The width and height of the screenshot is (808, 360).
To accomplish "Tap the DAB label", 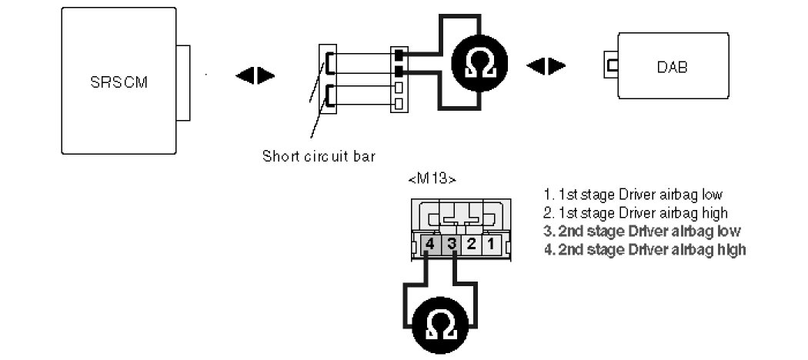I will (x=672, y=67).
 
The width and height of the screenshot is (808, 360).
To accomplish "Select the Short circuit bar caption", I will (x=319, y=156).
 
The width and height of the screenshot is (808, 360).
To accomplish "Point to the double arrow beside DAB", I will (x=546, y=65).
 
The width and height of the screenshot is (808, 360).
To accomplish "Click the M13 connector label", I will (x=432, y=180).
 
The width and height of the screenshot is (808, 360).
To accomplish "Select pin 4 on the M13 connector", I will (x=430, y=245).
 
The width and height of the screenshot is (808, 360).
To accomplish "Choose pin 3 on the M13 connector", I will (x=452, y=245).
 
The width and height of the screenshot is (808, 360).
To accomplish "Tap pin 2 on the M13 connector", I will (x=472, y=245).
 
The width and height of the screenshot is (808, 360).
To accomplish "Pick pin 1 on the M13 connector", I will (x=492, y=245).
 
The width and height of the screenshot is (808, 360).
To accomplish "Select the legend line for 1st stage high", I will (x=635, y=212).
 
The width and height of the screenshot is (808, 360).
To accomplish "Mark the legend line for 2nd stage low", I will (x=642, y=231).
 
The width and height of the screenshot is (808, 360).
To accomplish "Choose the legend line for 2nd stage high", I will (x=644, y=249).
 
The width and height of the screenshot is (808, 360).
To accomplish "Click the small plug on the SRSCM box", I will (x=182, y=83).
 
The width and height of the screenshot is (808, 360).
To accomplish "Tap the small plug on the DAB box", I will (x=612, y=66).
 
